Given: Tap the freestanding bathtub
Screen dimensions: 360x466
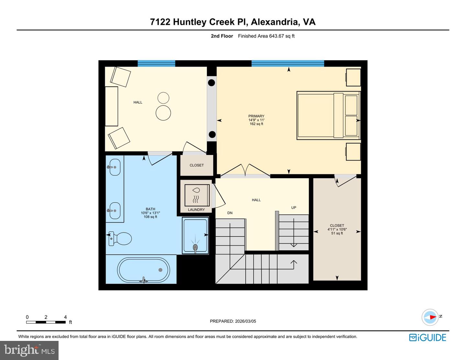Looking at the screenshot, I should click(143, 270).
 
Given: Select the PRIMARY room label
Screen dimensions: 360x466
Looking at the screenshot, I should click(256, 116).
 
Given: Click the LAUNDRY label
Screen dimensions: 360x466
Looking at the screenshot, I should click(196, 210).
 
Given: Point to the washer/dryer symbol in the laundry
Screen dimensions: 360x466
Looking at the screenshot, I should click(197, 195).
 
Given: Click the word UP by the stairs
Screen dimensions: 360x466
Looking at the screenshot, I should click(294, 208).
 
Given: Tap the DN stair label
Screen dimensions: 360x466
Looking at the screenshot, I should click(230, 213).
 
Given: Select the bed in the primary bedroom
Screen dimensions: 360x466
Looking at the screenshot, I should click(328, 115).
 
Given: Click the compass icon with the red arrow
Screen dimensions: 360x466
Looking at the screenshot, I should click(430, 317).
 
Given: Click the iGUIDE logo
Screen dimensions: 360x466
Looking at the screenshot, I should click(427, 337).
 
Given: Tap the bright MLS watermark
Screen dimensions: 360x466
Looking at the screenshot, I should click(29, 350).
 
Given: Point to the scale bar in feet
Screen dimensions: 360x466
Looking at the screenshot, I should click(46, 322).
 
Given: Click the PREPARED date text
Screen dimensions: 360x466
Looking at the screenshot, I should click(233, 321).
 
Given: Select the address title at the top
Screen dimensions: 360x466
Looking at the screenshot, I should click(233, 22).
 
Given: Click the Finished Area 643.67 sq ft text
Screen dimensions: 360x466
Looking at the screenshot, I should click(266, 36).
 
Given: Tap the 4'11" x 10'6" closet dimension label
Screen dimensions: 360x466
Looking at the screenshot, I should click(337, 229).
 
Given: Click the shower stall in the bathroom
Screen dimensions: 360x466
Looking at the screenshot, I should click(195, 235).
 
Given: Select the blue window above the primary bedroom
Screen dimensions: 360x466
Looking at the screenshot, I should click(288, 63).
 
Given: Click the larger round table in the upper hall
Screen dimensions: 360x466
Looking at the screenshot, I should click(163, 113).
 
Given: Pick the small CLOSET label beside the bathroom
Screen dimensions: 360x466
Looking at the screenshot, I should click(197, 165).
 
